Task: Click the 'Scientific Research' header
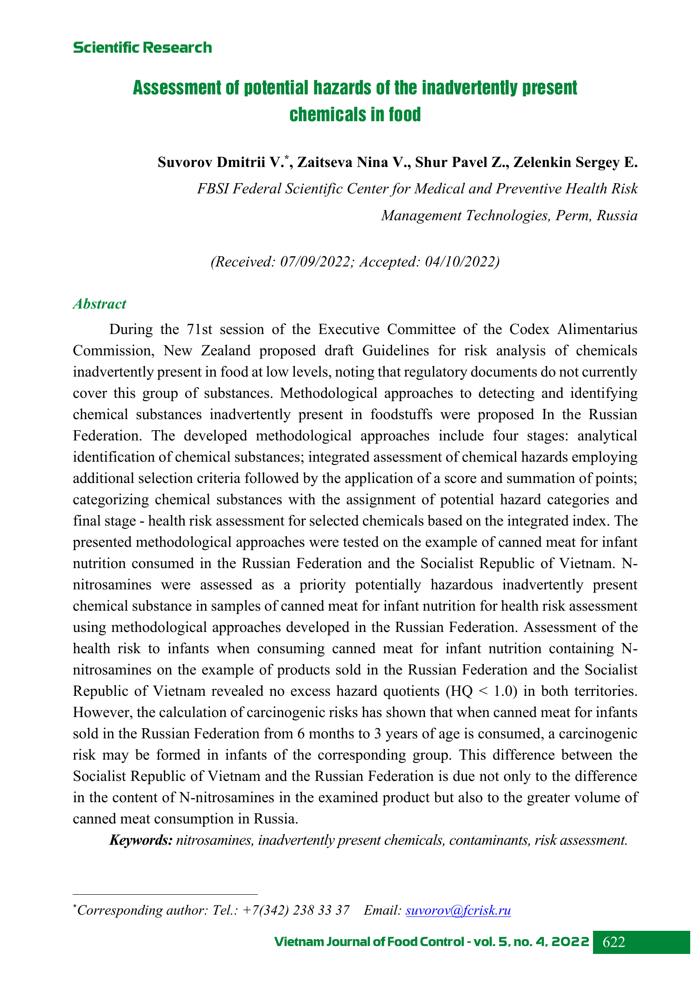click(x=142, y=48)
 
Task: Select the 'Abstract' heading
click(x=100, y=304)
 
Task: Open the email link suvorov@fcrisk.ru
click(x=458, y=910)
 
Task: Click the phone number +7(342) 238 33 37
click(x=296, y=910)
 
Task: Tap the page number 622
click(x=614, y=942)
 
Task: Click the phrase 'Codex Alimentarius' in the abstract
click(x=573, y=329)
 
